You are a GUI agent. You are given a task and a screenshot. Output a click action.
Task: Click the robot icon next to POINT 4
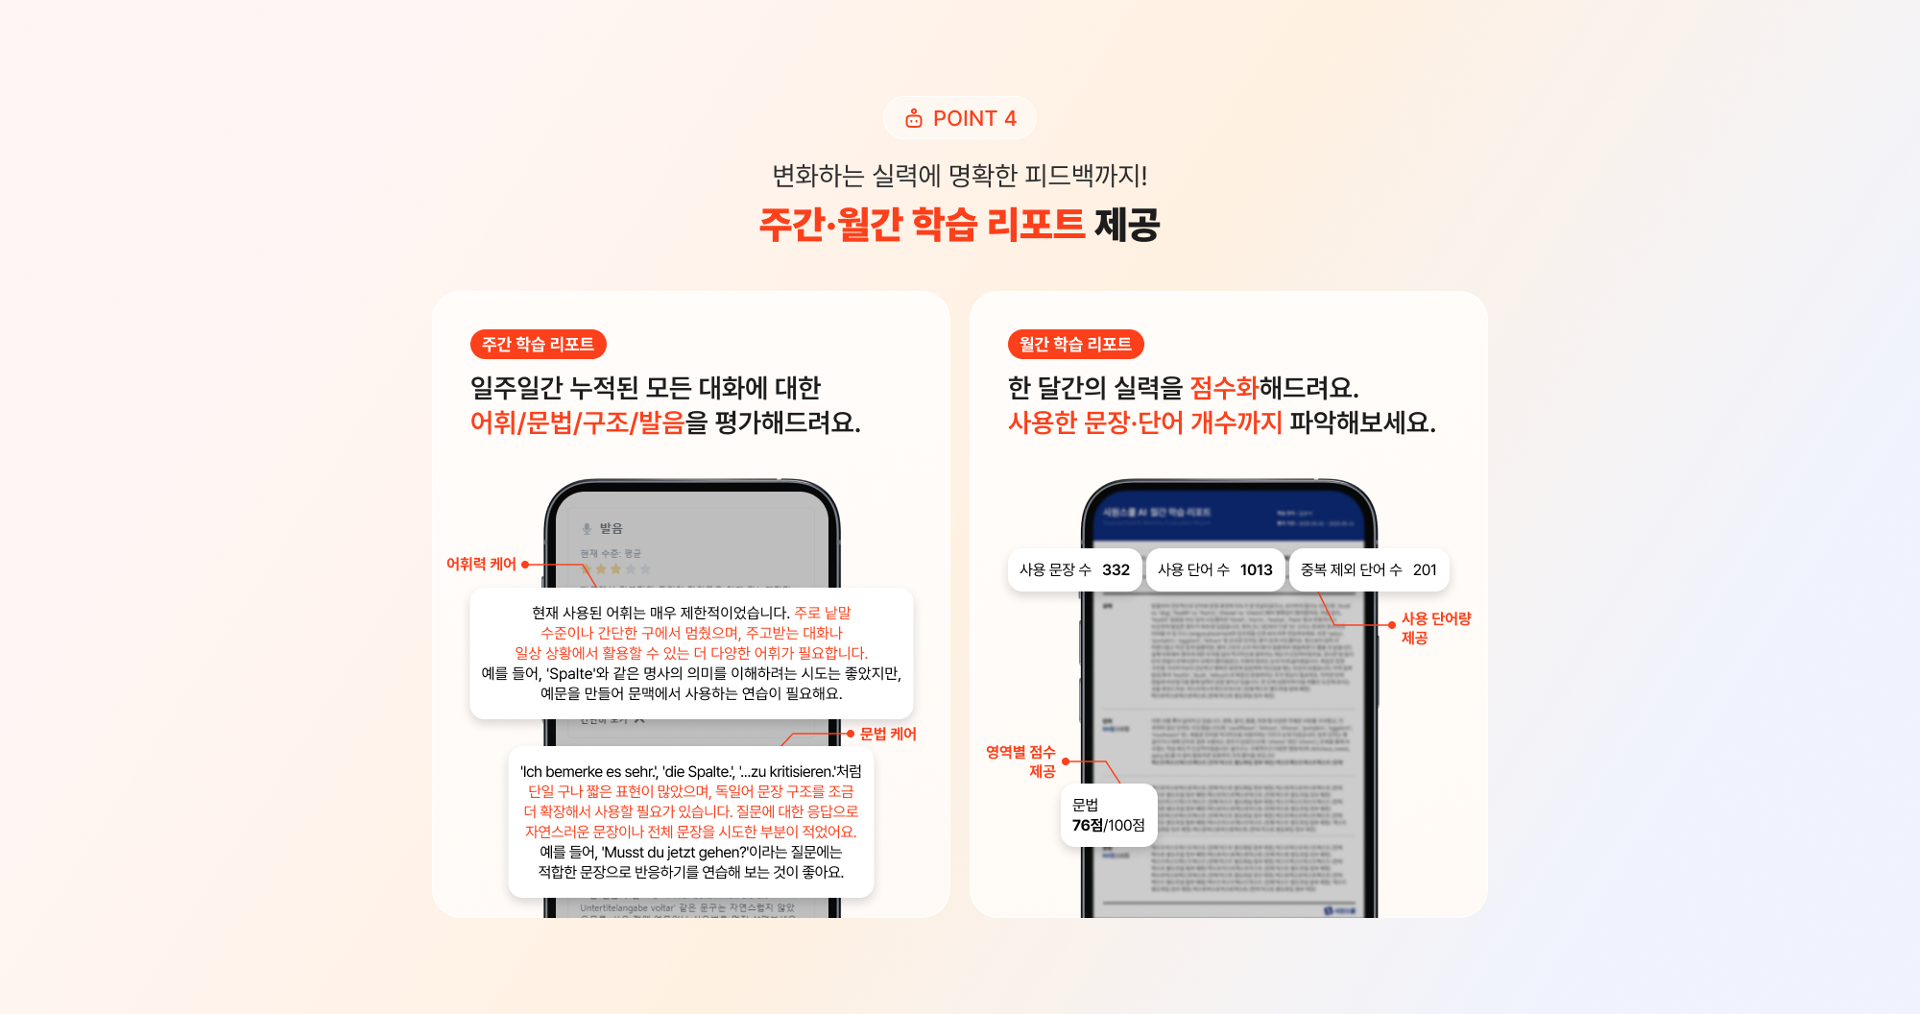point(914,118)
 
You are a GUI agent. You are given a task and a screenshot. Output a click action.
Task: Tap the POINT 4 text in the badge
point(974,118)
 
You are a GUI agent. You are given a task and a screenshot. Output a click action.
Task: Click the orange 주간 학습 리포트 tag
point(538,344)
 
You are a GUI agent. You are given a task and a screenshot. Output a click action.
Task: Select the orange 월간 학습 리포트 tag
point(1075,344)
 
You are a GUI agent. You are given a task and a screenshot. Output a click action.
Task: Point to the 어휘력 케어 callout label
point(481,564)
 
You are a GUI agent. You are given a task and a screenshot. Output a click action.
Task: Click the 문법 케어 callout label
point(888,734)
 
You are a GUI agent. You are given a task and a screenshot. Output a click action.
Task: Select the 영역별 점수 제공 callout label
point(1021,761)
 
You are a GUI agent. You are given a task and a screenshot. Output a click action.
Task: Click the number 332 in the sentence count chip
point(1116,569)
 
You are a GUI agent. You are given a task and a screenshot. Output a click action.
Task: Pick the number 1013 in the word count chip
point(1256,569)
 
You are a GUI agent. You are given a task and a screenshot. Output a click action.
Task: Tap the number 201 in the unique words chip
point(1425,569)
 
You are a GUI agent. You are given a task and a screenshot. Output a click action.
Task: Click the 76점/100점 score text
point(1108,825)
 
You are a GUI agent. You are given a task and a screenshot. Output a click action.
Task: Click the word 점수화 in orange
point(1224,388)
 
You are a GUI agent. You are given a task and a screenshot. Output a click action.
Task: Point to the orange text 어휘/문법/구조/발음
point(577,422)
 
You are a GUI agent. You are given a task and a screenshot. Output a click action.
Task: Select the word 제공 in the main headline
point(1127,225)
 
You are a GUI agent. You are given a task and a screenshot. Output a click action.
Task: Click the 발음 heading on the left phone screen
point(611,528)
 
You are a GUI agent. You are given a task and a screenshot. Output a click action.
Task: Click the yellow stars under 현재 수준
point(609,569)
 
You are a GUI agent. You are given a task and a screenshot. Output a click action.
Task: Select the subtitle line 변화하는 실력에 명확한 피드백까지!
point(960,176)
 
